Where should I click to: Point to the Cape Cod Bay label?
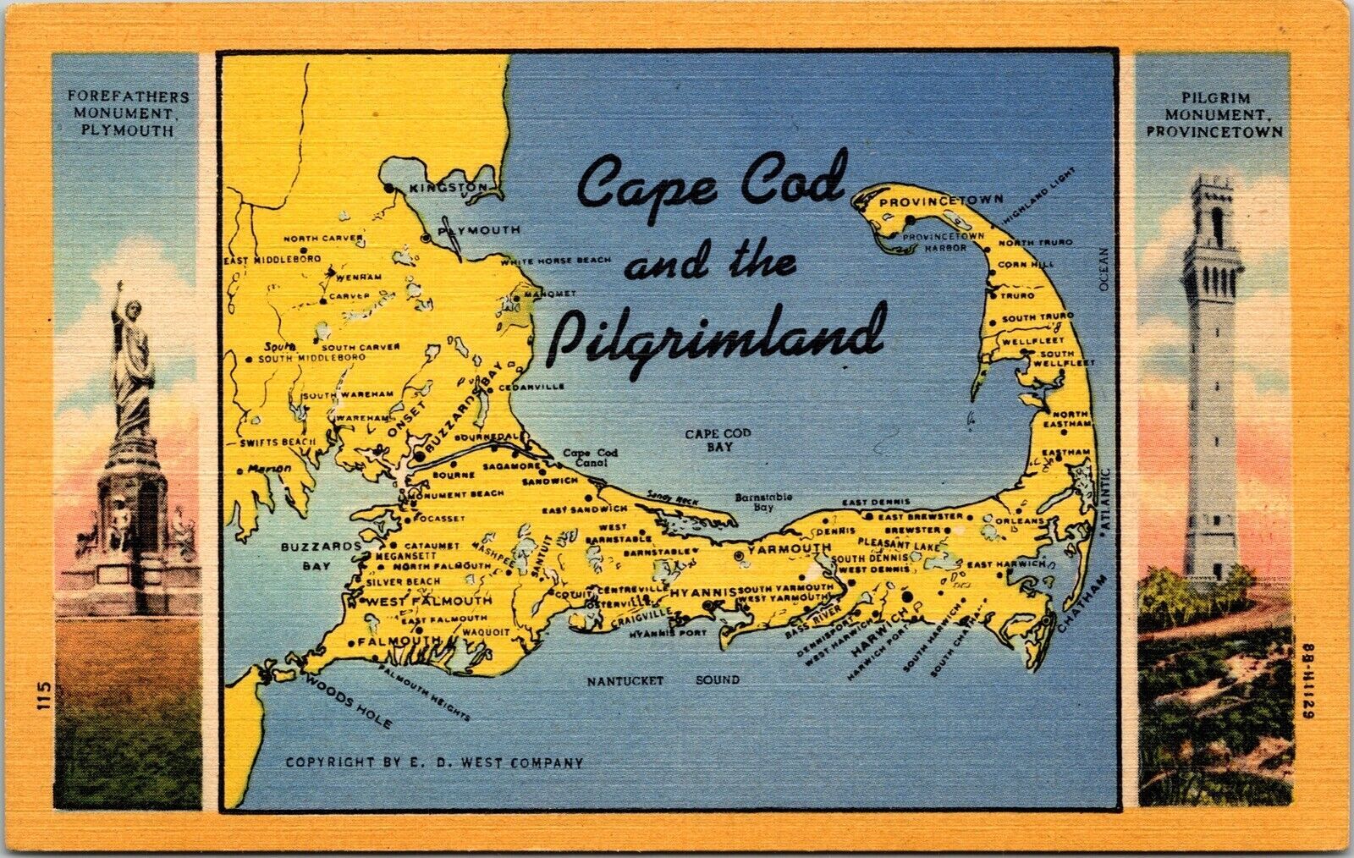click(718, 439)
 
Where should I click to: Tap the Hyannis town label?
click(702, 594)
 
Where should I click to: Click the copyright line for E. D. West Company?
click(434, 762)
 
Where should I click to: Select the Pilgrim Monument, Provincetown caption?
click(1214, 114)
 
